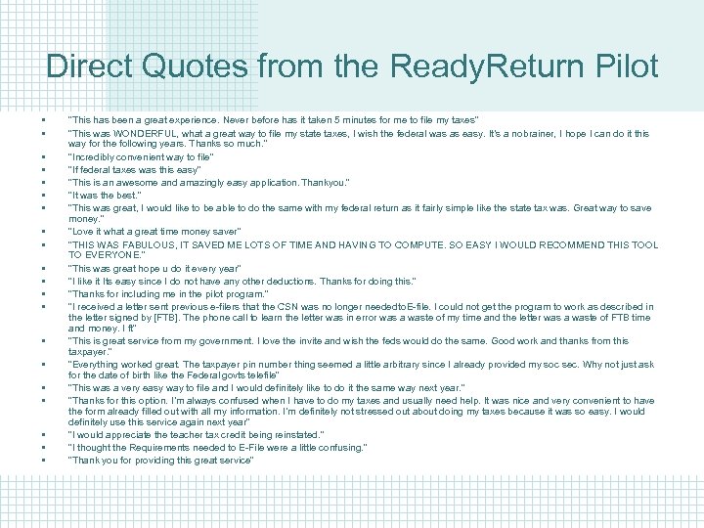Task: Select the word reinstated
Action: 293,434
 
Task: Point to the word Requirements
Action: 162,447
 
